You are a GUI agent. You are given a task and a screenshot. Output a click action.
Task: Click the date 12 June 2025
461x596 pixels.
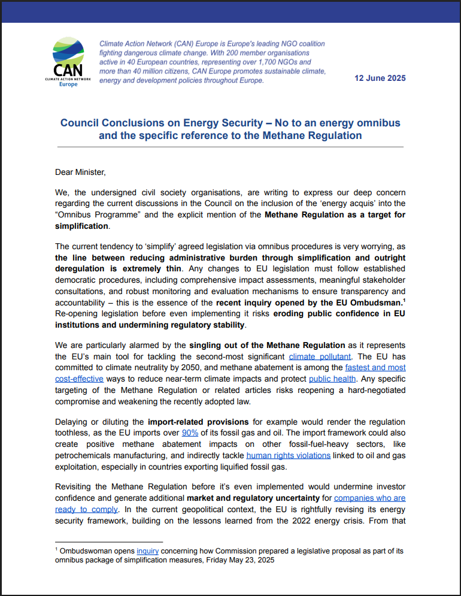(x=380, y=78)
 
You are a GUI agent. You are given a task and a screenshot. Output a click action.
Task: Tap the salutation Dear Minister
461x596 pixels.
(x=80, y=173)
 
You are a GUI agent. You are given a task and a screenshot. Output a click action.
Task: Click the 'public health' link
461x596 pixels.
(x=333, y=379)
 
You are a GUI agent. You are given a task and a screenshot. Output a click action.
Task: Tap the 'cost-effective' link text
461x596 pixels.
(x=79, y=379)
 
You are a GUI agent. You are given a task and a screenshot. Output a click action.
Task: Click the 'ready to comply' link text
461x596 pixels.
(x=86, y=509)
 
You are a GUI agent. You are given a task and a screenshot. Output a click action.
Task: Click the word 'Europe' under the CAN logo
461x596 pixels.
(x=68, y=84)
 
